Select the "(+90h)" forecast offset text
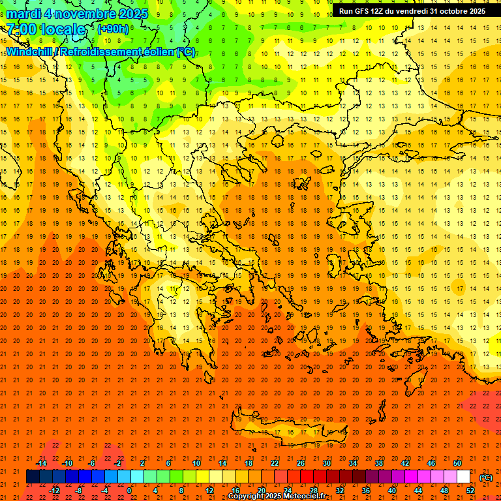(113, 29)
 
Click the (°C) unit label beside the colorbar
(485, 478)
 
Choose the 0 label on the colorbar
(129, 491)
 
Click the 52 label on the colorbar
(470, 491)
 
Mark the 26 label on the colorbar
(301, 463)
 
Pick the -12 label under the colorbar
(54, 491)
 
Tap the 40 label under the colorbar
(392, 491)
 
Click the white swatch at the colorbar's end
(463, 477)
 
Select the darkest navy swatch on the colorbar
(33, 477)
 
